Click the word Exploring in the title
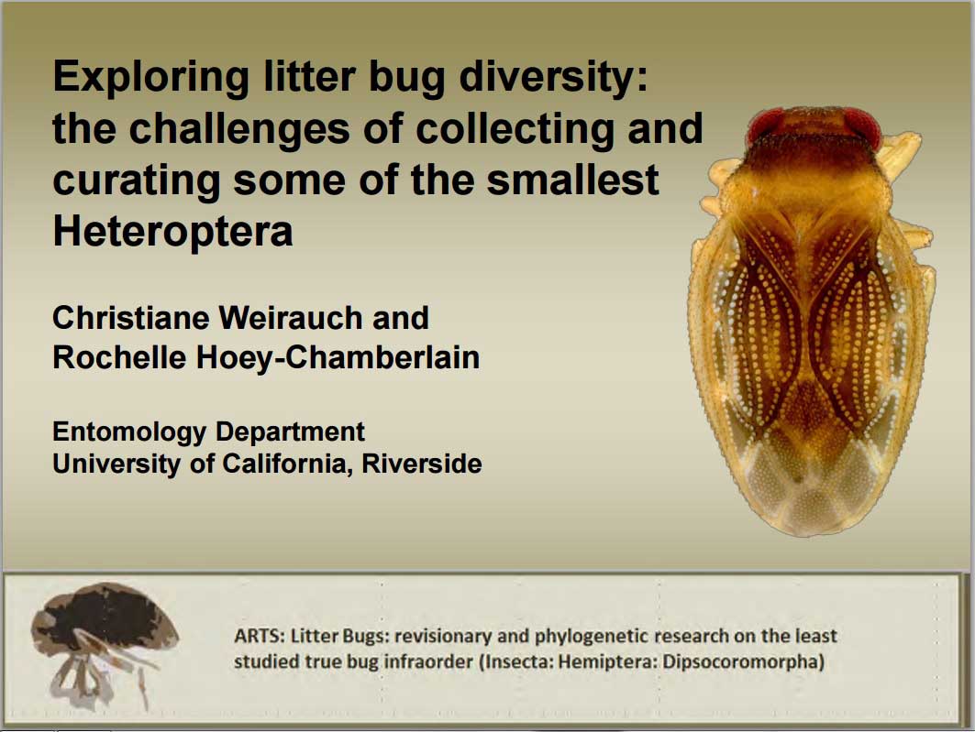[151, 79]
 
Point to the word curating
[136, 180]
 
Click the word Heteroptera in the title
[172, 231]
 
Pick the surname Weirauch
[291, 317]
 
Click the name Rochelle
[119, 357]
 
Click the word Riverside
[422, 464]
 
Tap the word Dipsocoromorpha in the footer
[744, 661]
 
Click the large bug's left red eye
[766, 125]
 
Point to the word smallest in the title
[572, 180]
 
